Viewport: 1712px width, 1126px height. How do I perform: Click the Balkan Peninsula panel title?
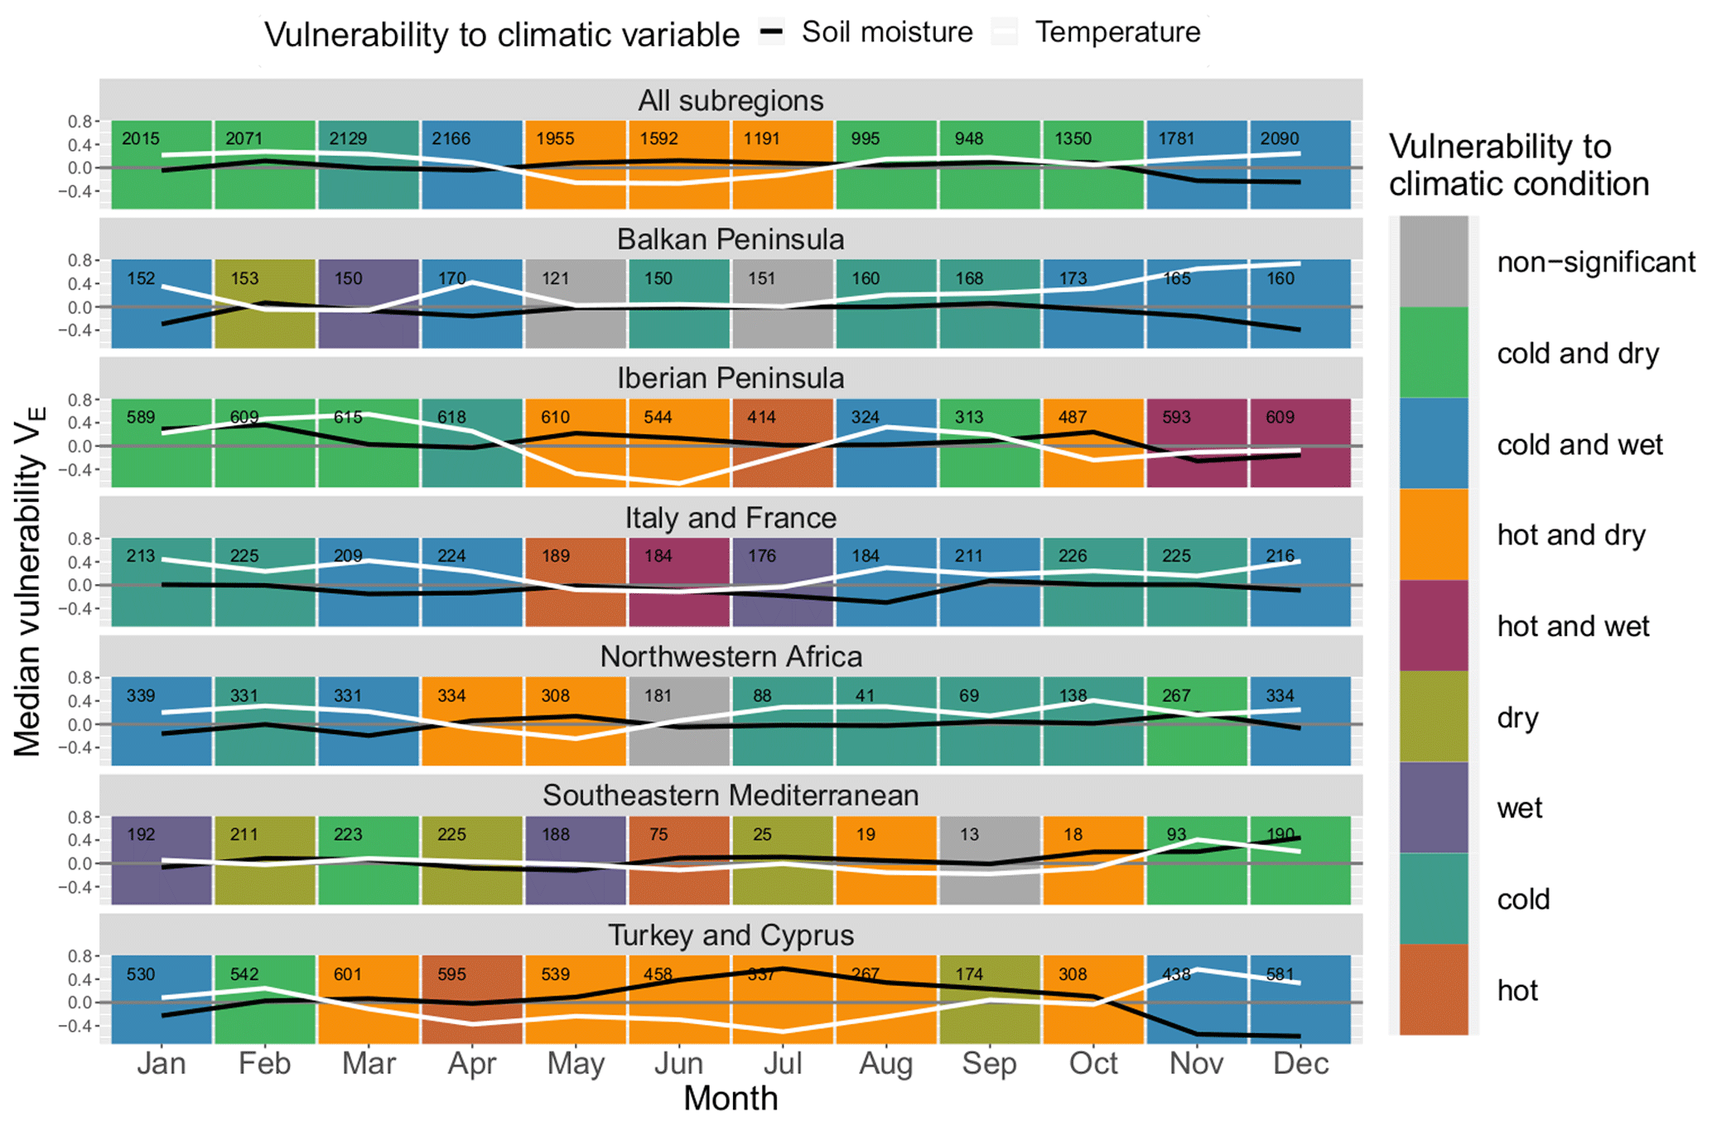point(731,239)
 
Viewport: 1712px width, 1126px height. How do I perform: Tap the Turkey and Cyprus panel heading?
point(731,935)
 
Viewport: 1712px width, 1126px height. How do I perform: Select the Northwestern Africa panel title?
point(731,656)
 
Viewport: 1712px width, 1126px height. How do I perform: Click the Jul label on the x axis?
point(782,1063)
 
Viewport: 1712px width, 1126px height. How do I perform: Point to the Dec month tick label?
point(1300,1063)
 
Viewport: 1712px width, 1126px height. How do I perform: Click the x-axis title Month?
point(731,1099)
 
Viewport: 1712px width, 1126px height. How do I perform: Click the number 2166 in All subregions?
point(451,138)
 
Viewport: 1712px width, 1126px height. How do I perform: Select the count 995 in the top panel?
point(866,138)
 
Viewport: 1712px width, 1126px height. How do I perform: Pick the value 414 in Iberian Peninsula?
point(761,417)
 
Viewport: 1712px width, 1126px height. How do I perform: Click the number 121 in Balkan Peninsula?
point(555,278)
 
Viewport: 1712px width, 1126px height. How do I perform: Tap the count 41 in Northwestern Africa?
point(866,695)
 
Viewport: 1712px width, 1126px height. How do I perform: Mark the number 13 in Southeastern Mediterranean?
point(969,834)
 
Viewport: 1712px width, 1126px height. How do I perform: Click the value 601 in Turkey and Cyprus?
point(348,974)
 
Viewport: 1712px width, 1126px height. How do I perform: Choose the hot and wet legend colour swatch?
point(1434,626)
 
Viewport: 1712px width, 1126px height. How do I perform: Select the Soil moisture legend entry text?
point(887,32)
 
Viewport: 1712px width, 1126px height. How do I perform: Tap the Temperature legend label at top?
point(1117,32)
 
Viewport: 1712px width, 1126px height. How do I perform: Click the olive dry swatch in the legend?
point(1434,717)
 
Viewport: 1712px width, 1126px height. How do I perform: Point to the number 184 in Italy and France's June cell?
point(658,556)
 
